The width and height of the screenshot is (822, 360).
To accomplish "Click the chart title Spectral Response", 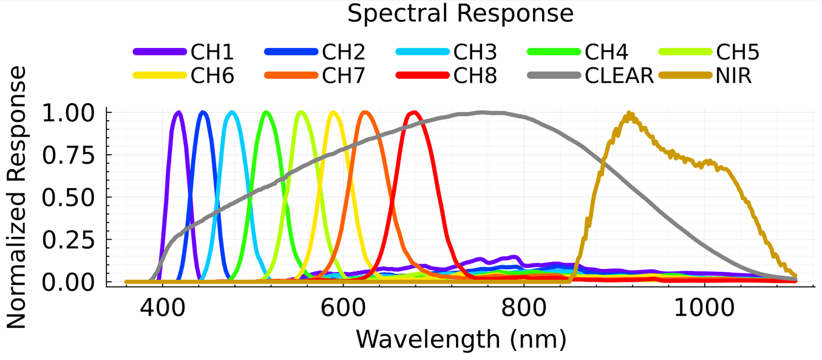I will point(460,13).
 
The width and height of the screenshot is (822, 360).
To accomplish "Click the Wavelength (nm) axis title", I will point(461,339).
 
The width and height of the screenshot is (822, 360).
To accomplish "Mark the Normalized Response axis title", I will point(16,197).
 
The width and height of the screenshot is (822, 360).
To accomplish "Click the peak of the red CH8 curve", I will point(414,112).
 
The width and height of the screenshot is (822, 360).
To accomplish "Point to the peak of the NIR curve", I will point(629,114).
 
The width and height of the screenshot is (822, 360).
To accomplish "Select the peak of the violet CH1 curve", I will point(178,112).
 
